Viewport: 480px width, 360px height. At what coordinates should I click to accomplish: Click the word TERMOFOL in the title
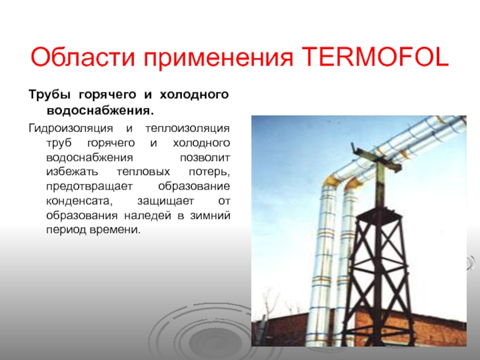pos(376,57)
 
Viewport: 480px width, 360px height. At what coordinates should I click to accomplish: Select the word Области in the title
pos(83,57)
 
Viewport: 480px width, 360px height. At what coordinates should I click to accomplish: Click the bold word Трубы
pos(52,95)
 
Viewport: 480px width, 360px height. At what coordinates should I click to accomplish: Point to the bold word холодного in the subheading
pos(194,95)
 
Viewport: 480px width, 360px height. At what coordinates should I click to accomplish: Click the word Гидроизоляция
pos(71,128)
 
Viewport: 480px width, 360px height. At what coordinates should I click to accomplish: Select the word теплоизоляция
pos(187,128)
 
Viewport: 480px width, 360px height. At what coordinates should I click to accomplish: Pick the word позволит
pos(205,158)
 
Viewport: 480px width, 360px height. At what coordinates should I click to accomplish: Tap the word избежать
pos(72,172)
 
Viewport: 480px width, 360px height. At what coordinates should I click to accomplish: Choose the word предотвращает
pos(89,187)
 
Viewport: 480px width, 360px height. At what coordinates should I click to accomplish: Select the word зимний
pos(211,216)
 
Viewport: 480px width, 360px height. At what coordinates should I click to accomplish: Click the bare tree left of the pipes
pos(270,302)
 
